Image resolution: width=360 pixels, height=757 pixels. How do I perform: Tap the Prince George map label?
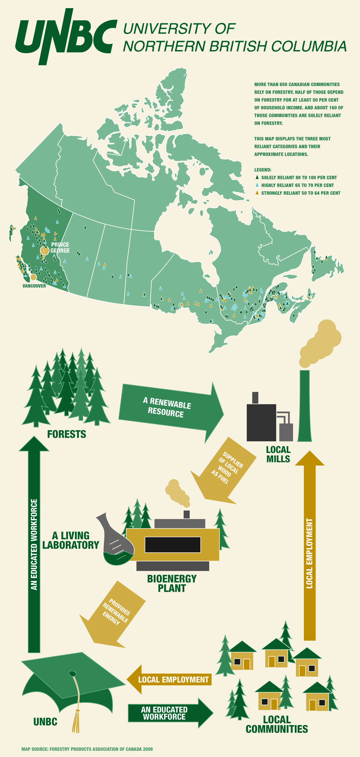point(60,248)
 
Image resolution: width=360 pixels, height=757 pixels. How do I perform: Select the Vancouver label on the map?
point(34,286)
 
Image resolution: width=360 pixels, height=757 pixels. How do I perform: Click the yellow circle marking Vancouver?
point(33,277)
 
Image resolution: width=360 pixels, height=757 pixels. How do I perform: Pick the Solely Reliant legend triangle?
point(257,177)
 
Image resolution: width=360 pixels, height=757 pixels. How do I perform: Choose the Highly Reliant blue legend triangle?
point(257,185)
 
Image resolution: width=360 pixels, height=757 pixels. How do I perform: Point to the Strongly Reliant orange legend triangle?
point(257,193)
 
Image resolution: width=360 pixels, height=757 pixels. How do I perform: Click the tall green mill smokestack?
point(305,407)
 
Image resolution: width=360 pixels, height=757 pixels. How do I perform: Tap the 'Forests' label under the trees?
point(67,434)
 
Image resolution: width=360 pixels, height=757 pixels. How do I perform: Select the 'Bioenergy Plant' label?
point(172,584)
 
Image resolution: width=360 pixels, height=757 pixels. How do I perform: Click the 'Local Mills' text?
point(278,454)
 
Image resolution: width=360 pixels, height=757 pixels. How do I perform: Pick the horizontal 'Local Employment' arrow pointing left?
point(169,679)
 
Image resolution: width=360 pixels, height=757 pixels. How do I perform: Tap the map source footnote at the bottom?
point(87,749)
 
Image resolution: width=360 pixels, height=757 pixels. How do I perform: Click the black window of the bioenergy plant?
point(172,544)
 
